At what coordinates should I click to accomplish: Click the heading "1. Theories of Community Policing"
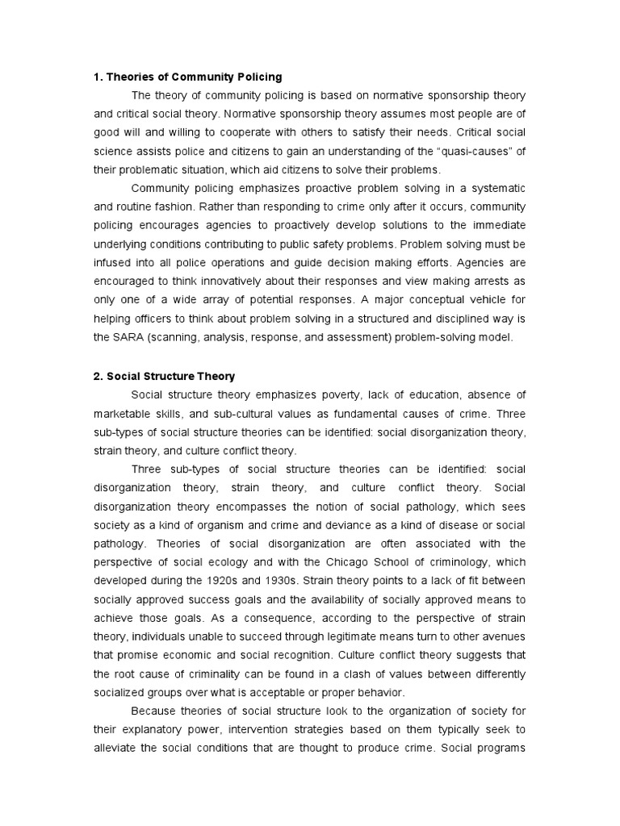[x=188, y=77]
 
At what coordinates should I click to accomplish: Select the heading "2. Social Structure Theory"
[x=164, y=376]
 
